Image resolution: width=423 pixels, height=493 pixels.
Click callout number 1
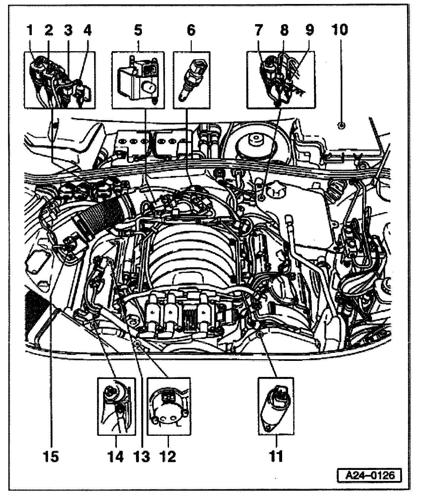coord(30,31)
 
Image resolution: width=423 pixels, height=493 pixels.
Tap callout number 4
coord(87,31)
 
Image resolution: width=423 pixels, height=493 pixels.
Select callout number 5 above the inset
coord(138,31)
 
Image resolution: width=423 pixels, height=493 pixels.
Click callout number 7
coord(259,31)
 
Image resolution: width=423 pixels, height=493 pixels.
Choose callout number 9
coord(310,31)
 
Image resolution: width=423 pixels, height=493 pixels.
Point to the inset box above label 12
coord(169,406)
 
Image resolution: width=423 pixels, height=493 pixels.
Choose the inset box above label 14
coord(116,406)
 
